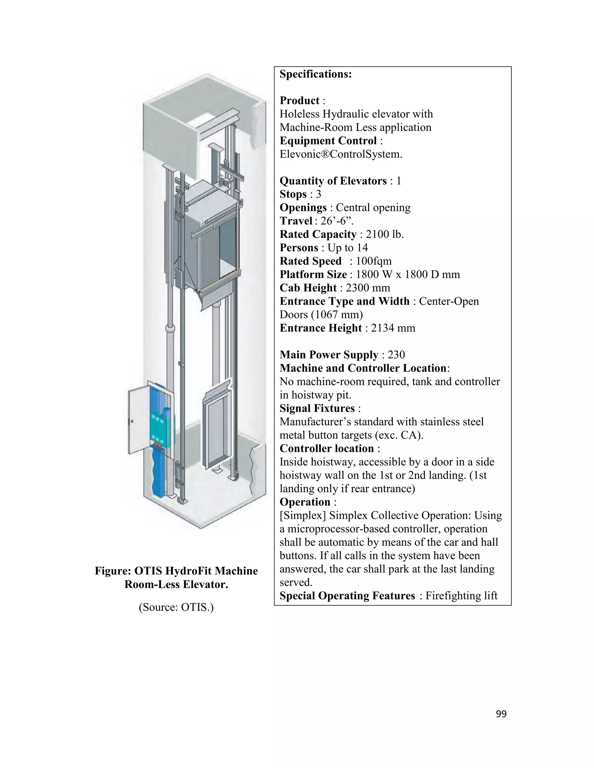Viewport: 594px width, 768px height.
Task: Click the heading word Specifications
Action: point(315,74)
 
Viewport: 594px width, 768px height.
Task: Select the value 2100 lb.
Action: point(385,234)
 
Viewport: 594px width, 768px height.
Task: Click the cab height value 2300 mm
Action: point(368,288)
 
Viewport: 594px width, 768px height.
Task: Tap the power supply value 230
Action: point(396,355)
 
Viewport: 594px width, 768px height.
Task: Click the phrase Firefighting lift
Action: point(461,596)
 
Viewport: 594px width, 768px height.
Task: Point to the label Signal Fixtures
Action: point(317,408)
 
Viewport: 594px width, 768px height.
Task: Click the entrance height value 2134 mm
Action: point(393,328)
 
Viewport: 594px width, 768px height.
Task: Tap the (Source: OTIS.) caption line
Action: point(176,607)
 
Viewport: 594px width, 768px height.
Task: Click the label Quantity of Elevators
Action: point(333,181)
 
